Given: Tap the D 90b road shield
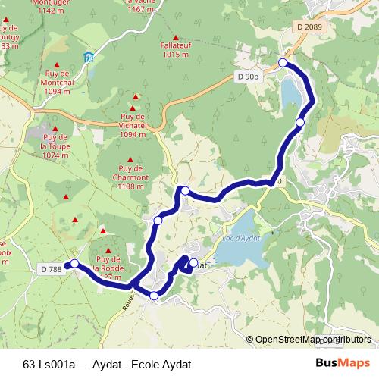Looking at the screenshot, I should click(247, 77).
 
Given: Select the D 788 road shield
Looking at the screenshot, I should click(51, 268).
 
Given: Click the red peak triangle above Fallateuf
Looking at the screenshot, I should click(177, 36).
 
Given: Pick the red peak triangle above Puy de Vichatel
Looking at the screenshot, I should click(136, 97).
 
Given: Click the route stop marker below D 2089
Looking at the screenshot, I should click(283, 63).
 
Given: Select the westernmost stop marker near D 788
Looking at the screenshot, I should click(74, 264).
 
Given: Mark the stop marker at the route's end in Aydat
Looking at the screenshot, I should click(193, 263).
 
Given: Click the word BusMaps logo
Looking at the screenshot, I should click(343, 363).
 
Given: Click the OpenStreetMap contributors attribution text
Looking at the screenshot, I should click(313, 340).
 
